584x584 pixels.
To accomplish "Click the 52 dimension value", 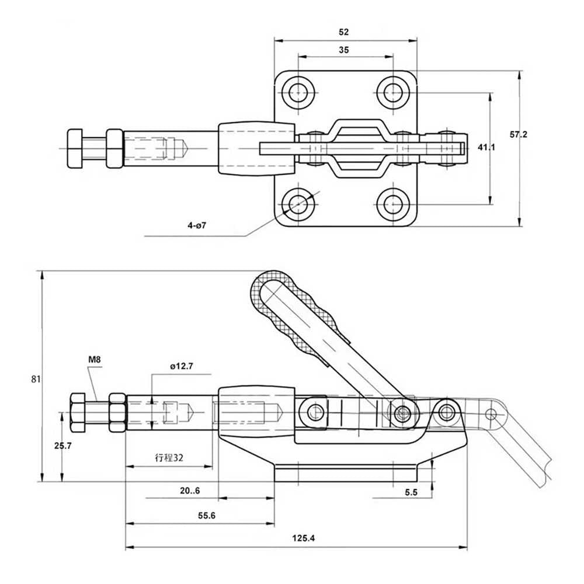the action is (343, 32).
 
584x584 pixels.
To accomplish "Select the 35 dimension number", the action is (344, 50).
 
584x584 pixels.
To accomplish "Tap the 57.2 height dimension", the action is (519, 134).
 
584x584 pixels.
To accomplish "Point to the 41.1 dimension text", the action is (486, 148).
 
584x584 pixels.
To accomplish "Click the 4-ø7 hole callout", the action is (197, 225).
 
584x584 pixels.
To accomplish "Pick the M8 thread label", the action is (94, 360).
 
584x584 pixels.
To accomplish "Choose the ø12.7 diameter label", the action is (182, 366).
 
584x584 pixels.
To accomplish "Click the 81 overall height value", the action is (36, 379).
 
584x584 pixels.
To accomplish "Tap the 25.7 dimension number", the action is (62, 446).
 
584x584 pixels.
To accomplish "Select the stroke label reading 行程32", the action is (169, 457).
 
